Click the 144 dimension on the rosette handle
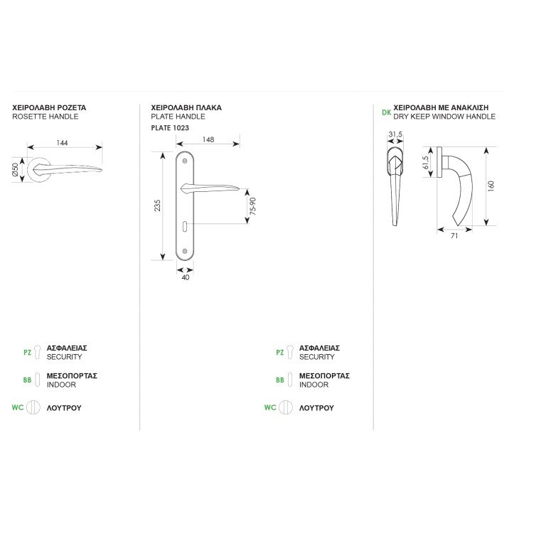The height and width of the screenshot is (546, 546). click(62, 143)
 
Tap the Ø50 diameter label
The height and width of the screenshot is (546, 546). click(16, 170)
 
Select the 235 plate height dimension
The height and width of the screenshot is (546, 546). click(157, 205)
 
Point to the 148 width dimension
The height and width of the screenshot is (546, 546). click(208, 139)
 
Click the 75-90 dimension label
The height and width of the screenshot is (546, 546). click(253, 205)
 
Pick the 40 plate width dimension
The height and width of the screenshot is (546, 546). click(186, 277)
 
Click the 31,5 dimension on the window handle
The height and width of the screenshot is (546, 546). click(395, 134)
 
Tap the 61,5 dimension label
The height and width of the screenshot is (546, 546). click(425, 162)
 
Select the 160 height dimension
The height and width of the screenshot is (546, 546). click(491, 186)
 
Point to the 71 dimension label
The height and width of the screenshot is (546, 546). click(454, 236)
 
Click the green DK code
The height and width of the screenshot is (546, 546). click(387, 112)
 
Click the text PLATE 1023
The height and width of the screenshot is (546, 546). click(170, 128)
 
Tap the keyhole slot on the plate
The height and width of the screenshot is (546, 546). click(184, 226)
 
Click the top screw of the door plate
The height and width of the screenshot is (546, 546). click(185, 161)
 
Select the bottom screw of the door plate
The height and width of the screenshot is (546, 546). click(185, 251)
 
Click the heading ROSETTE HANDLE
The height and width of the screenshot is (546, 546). click(45, 117)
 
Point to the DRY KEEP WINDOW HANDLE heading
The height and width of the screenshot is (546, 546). click(444, 117)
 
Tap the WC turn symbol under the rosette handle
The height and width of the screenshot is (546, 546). click(33, 407)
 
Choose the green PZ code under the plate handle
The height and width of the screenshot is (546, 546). click(280, 353)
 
